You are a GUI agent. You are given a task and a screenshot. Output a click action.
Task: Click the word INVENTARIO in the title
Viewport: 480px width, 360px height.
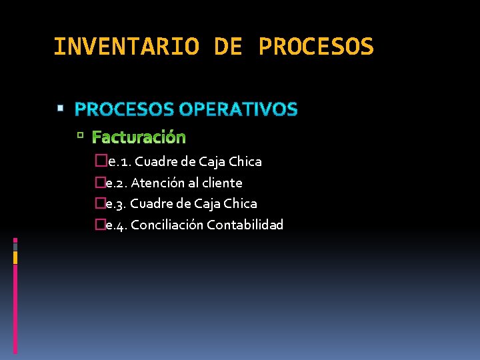126,47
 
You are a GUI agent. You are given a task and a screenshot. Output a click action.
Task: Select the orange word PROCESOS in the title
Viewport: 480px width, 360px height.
316,47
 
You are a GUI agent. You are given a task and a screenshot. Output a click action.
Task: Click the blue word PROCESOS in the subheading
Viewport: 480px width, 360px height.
125,109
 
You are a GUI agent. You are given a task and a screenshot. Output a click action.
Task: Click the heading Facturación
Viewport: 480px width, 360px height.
139,137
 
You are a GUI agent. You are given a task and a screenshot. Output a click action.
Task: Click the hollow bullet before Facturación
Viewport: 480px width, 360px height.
79,136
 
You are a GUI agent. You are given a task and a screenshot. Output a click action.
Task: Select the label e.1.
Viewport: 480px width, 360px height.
118,162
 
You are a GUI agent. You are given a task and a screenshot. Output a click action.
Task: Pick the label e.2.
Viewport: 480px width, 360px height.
117,183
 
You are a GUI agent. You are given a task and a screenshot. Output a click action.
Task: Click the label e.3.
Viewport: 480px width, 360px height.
117,203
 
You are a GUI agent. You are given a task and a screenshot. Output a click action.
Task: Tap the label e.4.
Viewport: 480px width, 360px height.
117,225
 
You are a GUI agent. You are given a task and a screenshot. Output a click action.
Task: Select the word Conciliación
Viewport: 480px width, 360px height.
167,225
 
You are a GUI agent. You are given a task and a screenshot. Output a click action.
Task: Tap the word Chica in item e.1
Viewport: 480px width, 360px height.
245,162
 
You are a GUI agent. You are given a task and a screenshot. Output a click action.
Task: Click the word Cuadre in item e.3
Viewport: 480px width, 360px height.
151,203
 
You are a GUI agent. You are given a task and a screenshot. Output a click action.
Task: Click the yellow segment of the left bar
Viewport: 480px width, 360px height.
15,257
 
